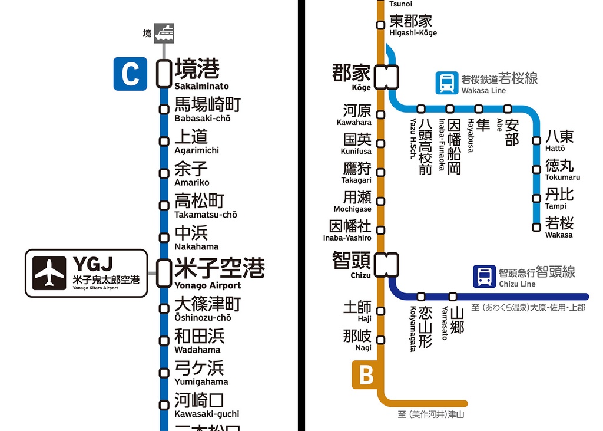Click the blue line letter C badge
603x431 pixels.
point(130,74)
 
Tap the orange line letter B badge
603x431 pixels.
point(366,376)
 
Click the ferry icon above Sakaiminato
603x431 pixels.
point(164,33)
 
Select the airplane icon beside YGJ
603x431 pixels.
point(49,272)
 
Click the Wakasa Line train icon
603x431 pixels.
point(446,83)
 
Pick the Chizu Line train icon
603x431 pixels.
point(484,277)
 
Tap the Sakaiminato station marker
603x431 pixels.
point(164,74)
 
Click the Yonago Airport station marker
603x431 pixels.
point(164,272)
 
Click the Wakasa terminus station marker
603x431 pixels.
point(536,227)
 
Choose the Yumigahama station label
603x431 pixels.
point(200,373)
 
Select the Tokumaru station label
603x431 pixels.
point(561,169)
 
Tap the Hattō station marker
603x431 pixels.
point(536,140)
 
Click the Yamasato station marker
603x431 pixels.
point(453,297)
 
